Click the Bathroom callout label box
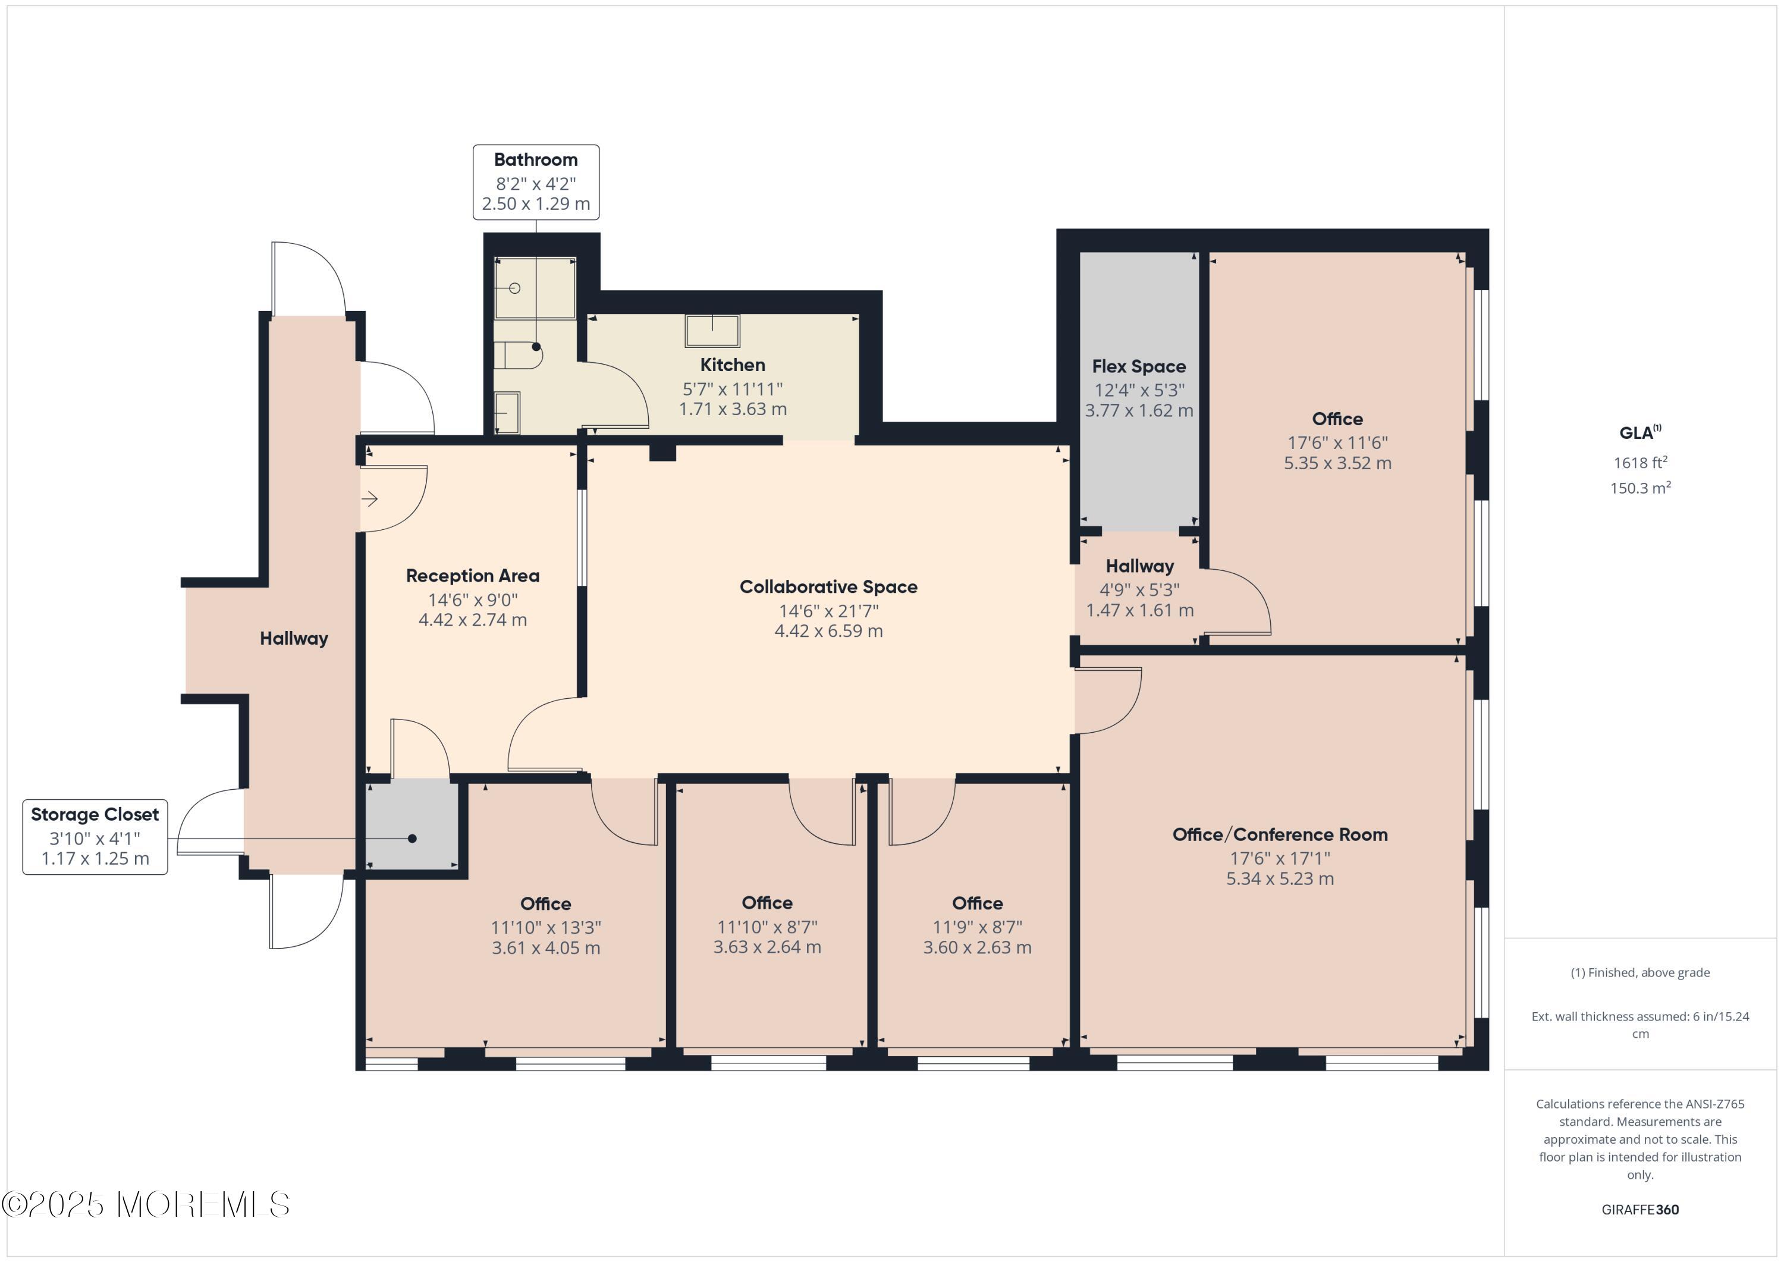(536, 182)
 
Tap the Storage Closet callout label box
(95, 837)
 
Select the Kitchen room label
(733, 365)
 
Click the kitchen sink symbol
(712, 330)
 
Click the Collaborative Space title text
(828, 588)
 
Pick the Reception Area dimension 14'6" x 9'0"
(472, 600)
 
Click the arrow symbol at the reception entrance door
(370, 499)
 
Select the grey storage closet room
(412, 826)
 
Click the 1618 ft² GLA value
(1639, 463)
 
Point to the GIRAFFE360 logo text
(1639, 1210)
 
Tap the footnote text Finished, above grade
(1639, 973)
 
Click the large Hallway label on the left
(294, 639)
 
